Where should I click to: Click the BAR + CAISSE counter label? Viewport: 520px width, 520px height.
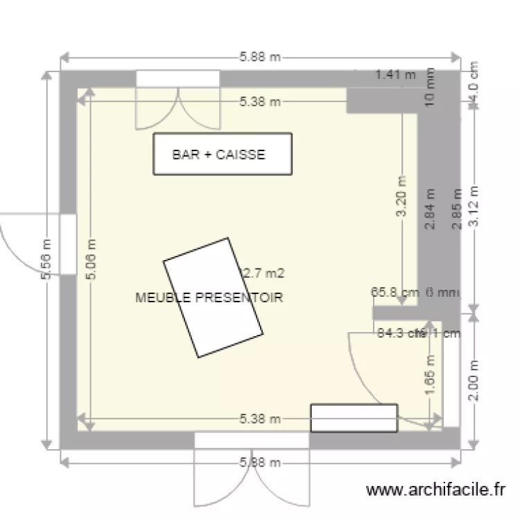click(218, 155)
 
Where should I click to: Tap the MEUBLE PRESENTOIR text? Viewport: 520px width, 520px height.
click(210, 297)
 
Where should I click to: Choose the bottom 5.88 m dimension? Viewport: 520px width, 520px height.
click(260, 462)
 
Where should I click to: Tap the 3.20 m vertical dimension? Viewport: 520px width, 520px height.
click(404, 197)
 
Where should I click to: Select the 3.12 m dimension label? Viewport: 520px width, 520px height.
click(474, 206)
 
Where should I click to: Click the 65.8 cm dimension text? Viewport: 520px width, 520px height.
click(395, 293)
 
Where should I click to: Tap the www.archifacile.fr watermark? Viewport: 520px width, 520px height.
click(436, 490)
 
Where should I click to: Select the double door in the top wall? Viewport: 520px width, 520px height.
click(178, 104)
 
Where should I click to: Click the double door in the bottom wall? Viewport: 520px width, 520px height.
click(251, 471)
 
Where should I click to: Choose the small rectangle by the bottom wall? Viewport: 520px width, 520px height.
click(354, 417)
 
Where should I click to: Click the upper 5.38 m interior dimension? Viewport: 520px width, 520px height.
click(260, 102)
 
